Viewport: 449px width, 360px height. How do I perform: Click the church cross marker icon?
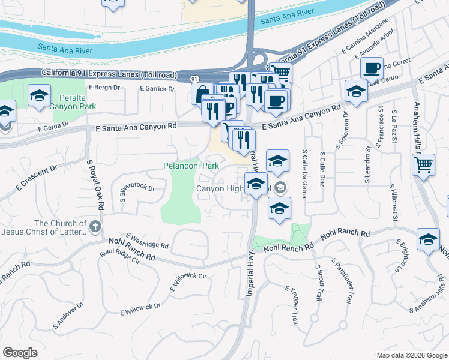coord(95,226)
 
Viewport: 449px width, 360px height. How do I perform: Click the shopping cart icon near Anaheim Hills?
coord(424,164)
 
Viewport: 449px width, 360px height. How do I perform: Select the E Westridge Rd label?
coord(147,241)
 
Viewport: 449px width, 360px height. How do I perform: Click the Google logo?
coord(20,352)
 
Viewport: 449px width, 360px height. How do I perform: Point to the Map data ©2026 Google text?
coord(411,355)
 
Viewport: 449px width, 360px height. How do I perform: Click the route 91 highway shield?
coord(194,79)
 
